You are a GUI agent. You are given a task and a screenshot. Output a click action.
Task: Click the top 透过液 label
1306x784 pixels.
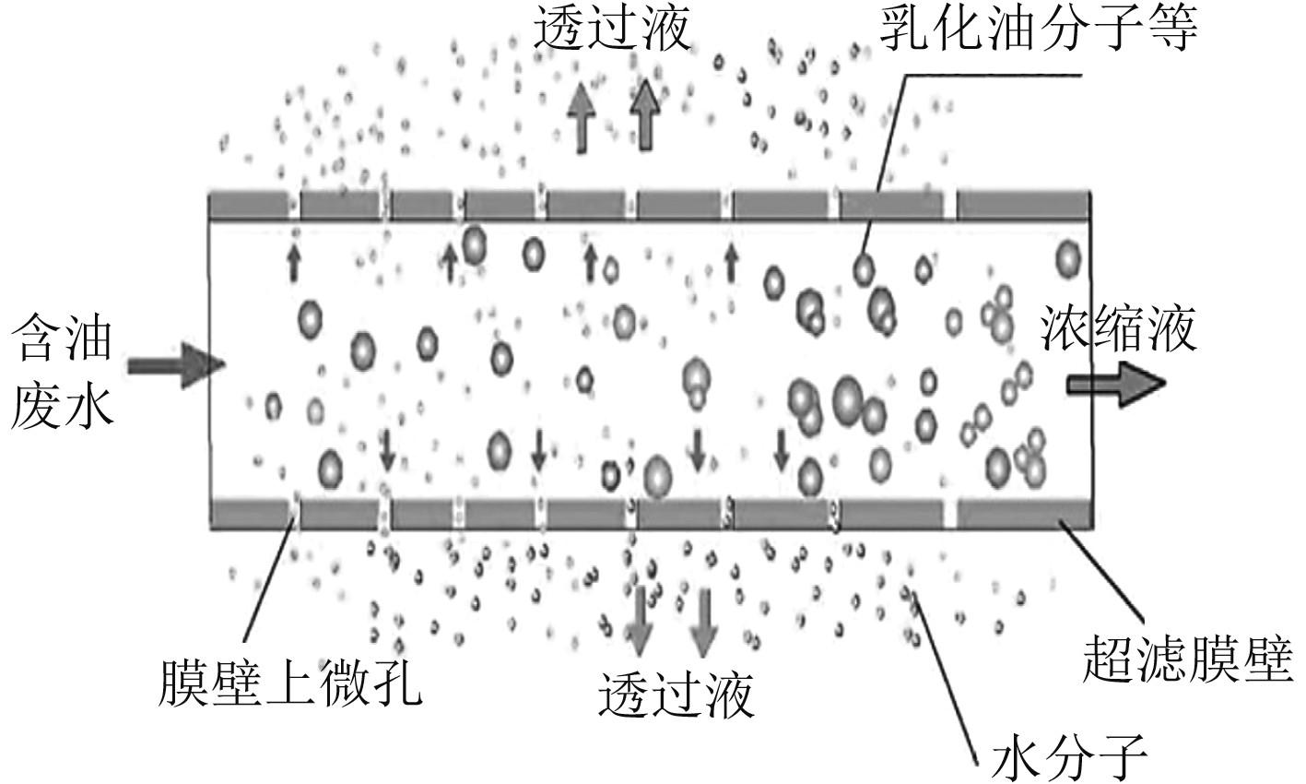(612, 31)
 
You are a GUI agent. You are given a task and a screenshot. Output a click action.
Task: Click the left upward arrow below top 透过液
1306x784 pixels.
(582, 114)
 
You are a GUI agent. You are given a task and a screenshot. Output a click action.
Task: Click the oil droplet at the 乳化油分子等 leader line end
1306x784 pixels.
(864, 268)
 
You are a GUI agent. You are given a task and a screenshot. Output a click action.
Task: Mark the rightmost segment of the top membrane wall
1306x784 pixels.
(1023, 203)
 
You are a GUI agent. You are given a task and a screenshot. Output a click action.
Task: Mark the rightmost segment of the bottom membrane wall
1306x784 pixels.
(1023, 513)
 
